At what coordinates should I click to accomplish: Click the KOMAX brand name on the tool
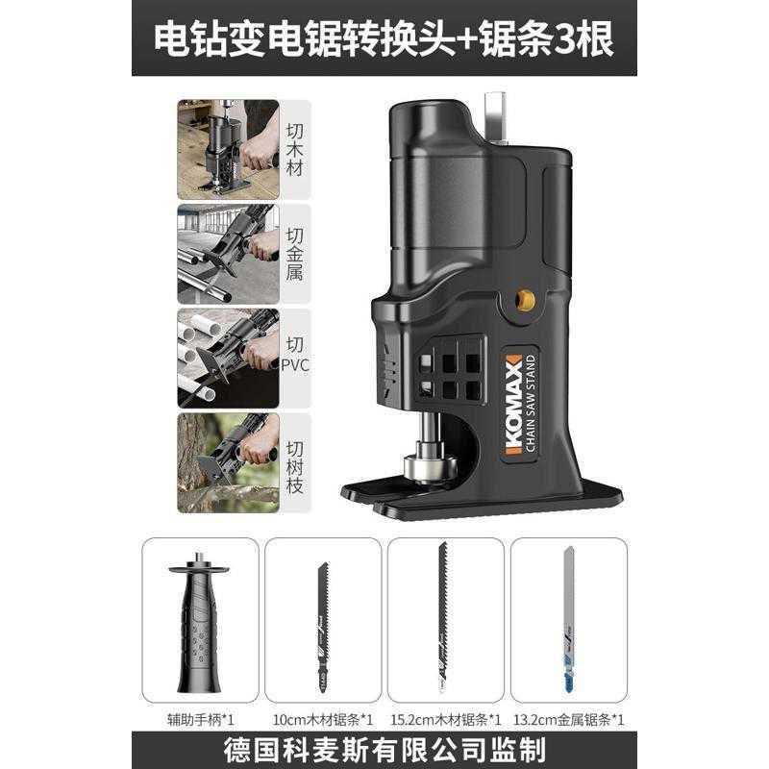tap(512, 405)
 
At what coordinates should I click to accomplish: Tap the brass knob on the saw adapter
tap(525, 300)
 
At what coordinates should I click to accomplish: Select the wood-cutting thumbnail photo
tap(228, 150)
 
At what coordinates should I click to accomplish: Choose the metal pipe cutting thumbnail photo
tap(228, 253)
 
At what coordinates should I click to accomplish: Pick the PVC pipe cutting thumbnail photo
tap(228, 358)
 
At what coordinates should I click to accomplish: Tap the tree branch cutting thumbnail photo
tap(228, 462)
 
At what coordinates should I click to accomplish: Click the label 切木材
tap(296, 150)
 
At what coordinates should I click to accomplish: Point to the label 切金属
tap(296, 253)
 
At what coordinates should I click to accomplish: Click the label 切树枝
tap(296, 462)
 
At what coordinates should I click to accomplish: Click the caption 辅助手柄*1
tap(199, 717)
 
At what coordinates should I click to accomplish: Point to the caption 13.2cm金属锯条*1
tap(568, 717)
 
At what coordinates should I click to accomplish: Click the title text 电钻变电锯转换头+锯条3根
tap(384, 38)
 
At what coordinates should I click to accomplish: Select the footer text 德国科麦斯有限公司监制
tap(384, 749)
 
